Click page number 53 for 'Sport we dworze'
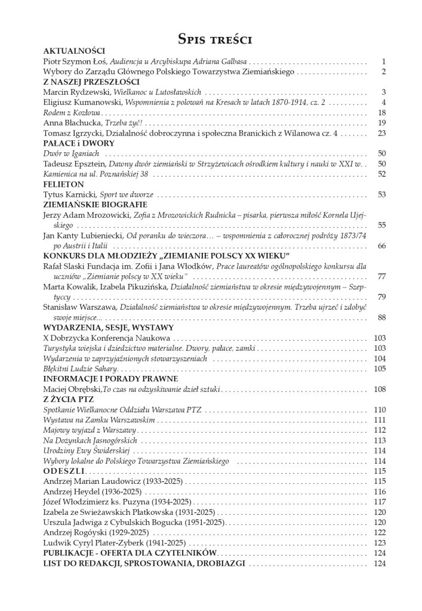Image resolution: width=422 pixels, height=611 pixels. (x=382, y=195)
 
